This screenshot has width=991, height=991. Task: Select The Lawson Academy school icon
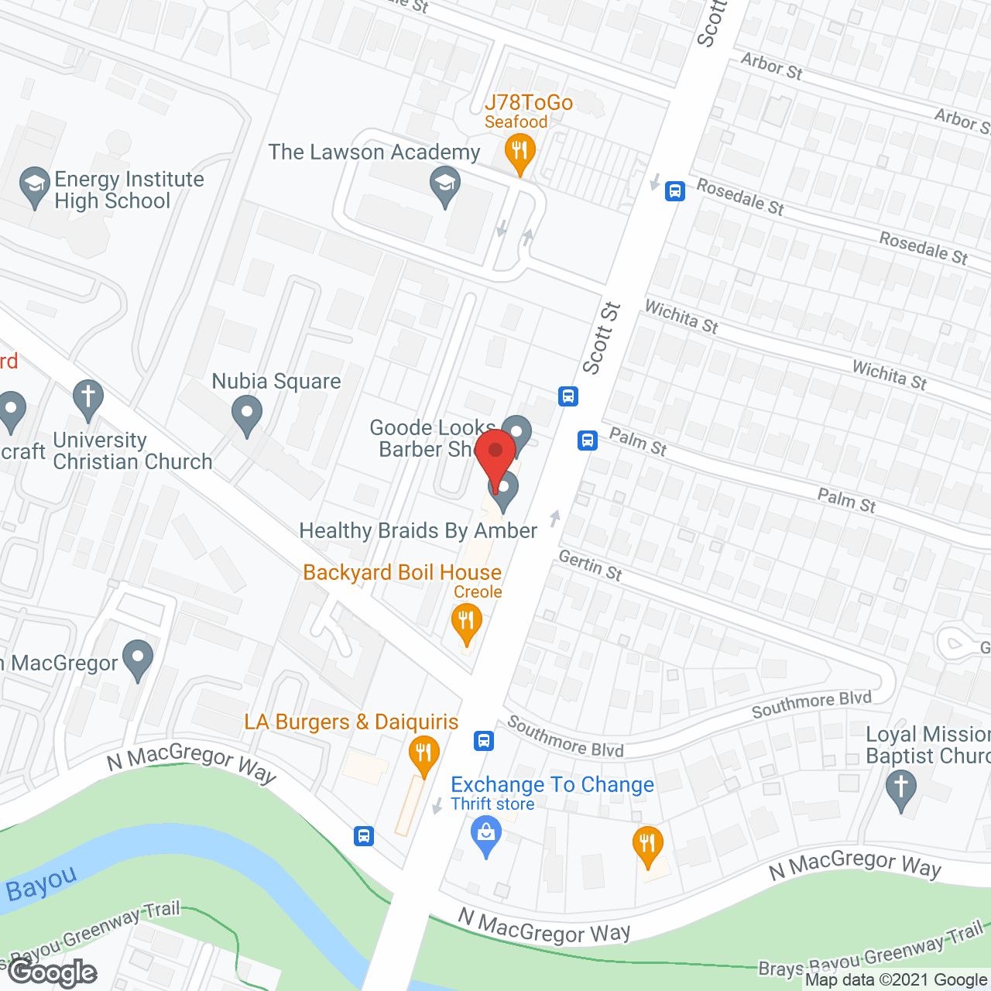[445, 187]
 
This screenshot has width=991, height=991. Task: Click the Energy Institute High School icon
[34, 186]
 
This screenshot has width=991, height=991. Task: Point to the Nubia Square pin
[246, 414]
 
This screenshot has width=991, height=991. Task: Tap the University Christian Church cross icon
[88, 399]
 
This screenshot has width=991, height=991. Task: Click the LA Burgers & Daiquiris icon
[423, 754]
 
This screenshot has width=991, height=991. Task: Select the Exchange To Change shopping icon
[486, 836]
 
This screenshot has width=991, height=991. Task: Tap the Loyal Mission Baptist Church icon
[900, 789]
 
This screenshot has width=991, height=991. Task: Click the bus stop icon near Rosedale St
[675, 190]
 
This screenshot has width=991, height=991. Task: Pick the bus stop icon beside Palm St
[588, 441]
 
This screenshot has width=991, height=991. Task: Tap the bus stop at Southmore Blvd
[484, 741]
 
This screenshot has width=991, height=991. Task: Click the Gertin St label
[590, 565]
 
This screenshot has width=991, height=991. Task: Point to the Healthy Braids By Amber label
[418, 531]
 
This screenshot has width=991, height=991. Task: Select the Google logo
[52, 971]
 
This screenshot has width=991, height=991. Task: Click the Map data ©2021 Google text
[897, 980]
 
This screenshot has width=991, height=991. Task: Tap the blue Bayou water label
[42, 883]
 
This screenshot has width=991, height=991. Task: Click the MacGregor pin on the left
[138, 660]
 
